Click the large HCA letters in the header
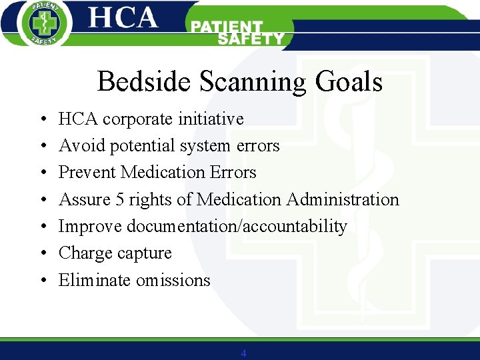coord(123,18)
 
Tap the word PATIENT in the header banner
coord(227,27)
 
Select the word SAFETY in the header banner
coord(251,39)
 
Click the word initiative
coord(211,119)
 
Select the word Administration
coord(343,199)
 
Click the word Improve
coord(90,227)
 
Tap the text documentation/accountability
coord(237,227)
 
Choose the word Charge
coord(83,253)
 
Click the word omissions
coord(173,280)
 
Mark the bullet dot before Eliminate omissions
coord(42,281)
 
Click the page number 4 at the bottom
coord(243,353)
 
